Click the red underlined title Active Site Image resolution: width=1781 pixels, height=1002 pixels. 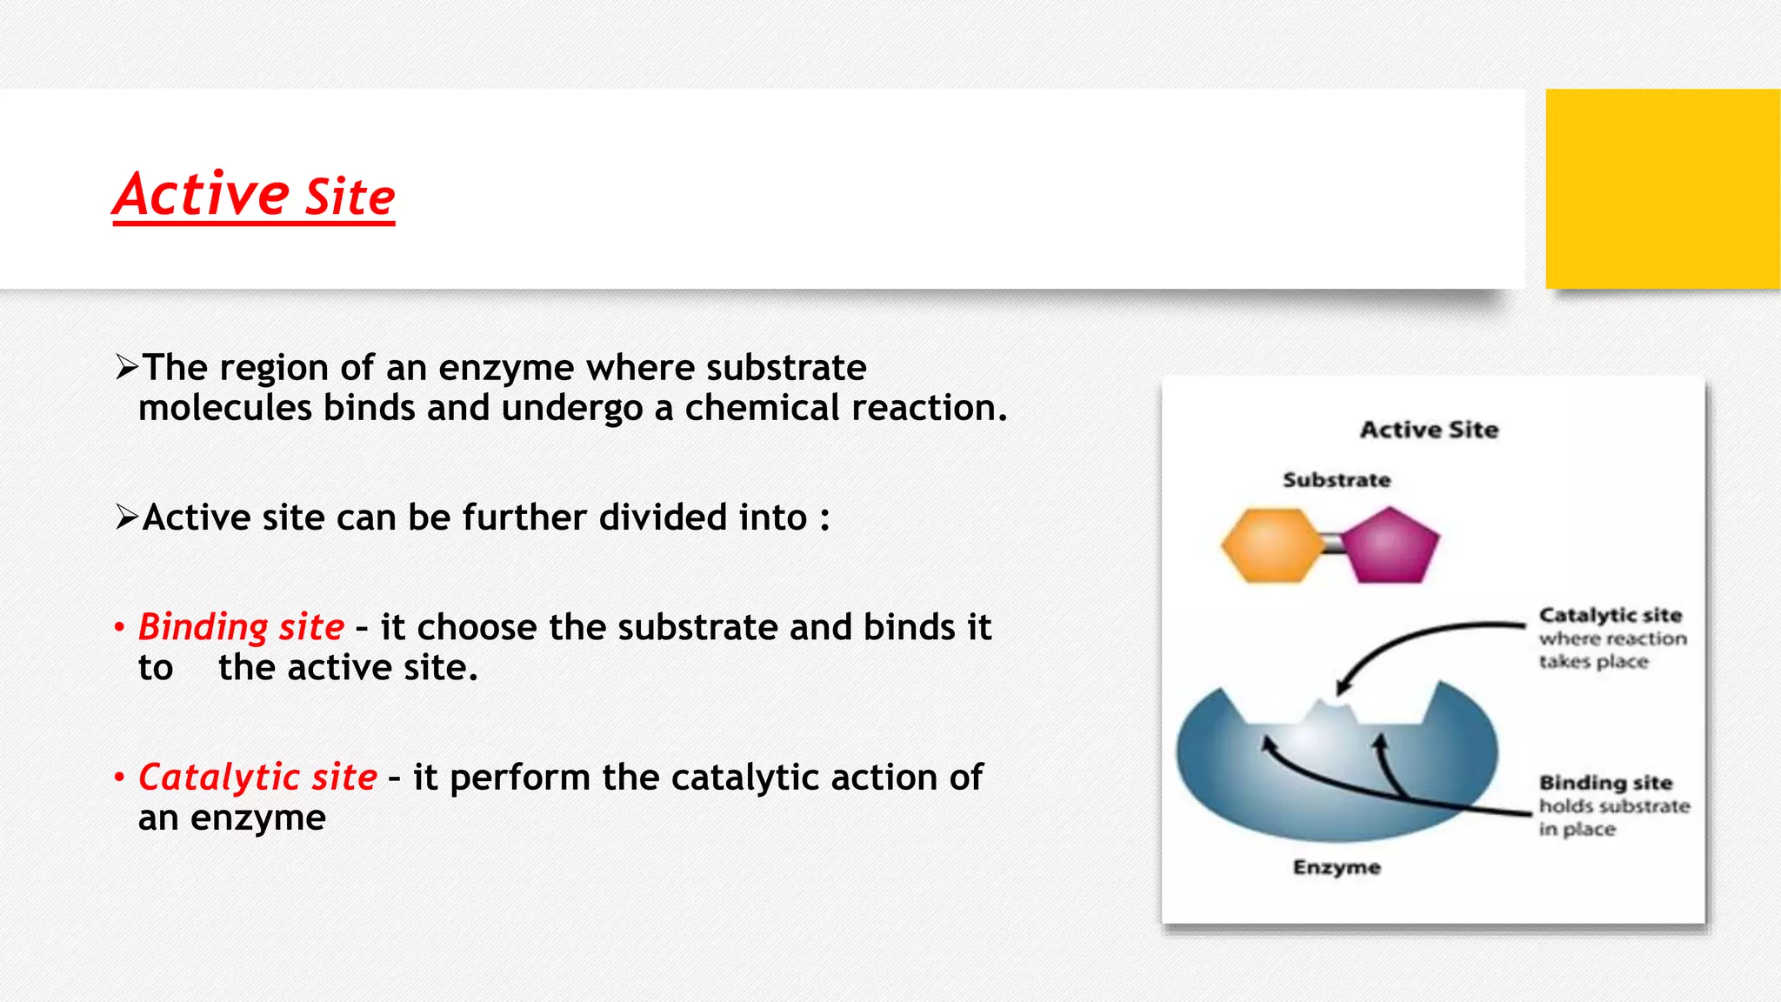pyautogui.click(x=254, y=195)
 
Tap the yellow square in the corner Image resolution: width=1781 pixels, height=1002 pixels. pyautogui.click(x=1662, y=189)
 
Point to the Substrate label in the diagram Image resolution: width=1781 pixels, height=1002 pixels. pyautogui.click(x=1337, y=480)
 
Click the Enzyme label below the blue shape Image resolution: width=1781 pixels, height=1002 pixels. pyautogui.click(x=1337, y=867)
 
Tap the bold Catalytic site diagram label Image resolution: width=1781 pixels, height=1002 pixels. pyautogui.click(x=1610, y=615)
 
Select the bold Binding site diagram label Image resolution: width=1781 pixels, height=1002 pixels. pyautogui.click(x=1605, y=783)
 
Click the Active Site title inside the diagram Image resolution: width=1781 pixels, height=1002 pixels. pyautogui.click(x=1429, y=430)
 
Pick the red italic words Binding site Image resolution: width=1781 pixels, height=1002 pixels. pyautogui.click(x=241, y=627)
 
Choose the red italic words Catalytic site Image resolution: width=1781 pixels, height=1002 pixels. pyautogui.click(x=257, y=778)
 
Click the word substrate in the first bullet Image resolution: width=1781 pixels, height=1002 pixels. pyautogui.click(x=786, y=368)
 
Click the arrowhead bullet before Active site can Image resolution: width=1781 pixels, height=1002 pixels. pyautogui.click(x=127, y=518)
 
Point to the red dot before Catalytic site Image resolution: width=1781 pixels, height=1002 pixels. pyautogui.click(x=119, y=777)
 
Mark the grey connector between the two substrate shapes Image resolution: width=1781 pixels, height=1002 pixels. pyautogui.click(x=1331, y=545)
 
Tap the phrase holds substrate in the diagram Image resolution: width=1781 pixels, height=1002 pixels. pyautogui.click(x=1614, y=806)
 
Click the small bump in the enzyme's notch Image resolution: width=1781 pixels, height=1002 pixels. pyautogui.click(x=1330, y=712)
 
